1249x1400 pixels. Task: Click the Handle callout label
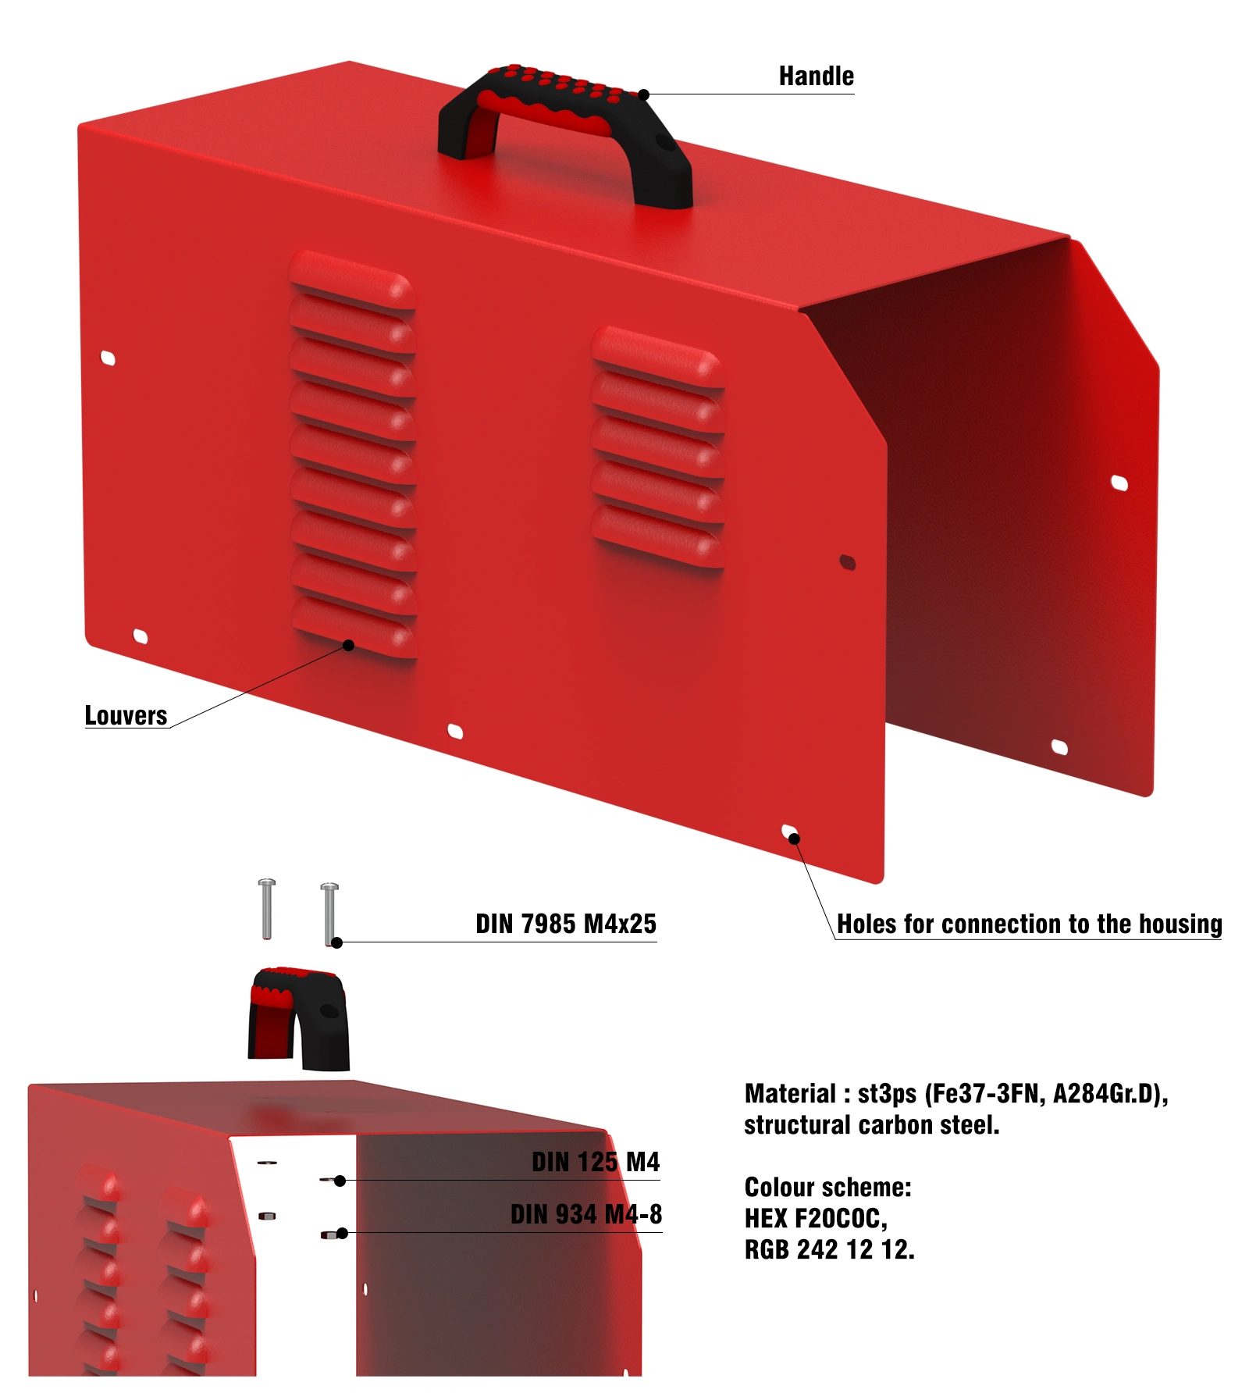point(816,76)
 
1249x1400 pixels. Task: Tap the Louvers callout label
point(126,715)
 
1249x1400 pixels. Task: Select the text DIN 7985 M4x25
point(566,924)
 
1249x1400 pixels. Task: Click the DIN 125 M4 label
point(596,1162)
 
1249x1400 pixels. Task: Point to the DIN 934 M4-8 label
point(586,1214)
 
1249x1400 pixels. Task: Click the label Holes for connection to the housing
point(1029,924)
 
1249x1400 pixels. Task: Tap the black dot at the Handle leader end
point(644,94)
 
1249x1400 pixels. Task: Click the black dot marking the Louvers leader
point(349,645)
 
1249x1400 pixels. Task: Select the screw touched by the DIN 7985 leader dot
point(329,914)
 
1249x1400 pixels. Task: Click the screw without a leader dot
point(267,909)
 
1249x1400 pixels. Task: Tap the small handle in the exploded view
point(298,1019)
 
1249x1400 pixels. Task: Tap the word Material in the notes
point(790,1093)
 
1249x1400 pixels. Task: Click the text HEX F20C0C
point(816,1218)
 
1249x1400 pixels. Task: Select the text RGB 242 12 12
point(829,1249)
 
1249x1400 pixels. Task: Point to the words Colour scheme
point(827,1187)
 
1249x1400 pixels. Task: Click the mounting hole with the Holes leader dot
point(790,832)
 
